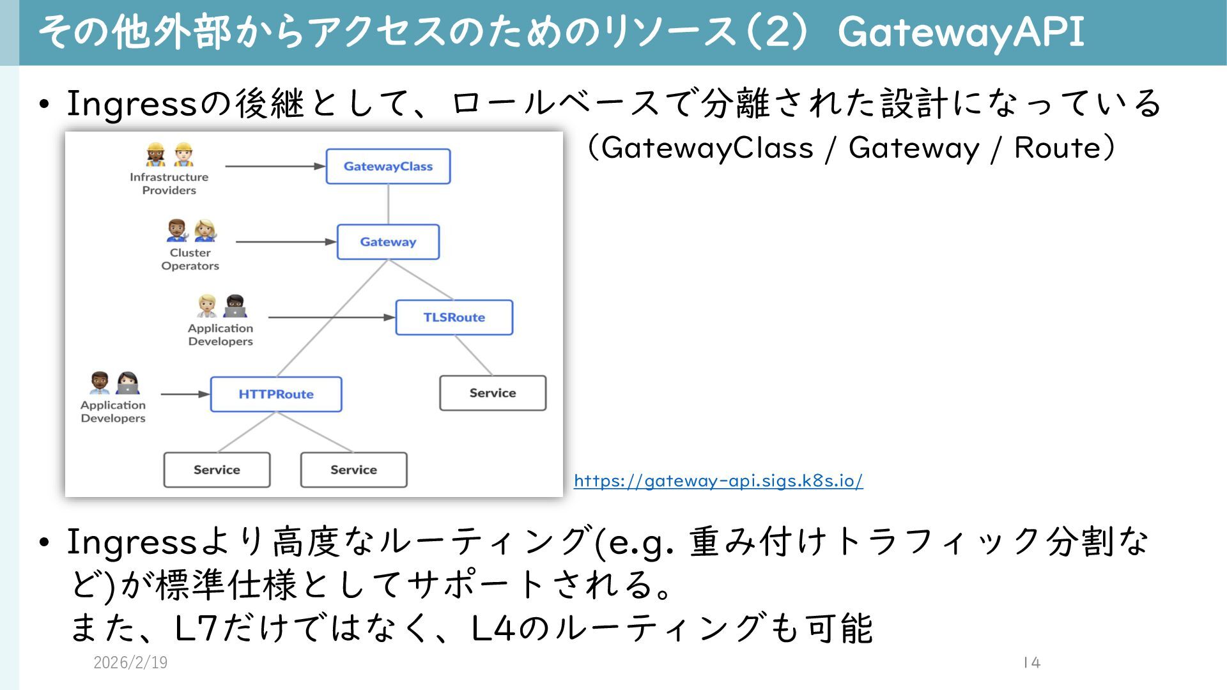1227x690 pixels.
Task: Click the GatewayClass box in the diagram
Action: click(x=388, y=167)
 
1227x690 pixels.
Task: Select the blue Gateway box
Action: click(x=388, y=242)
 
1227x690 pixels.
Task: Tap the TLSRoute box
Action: click(x=454, y=318)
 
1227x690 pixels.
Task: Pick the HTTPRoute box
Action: click(x=276, y=394)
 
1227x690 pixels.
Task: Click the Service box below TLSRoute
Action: click(x=493, y=393)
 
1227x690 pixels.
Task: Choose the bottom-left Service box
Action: click(x=217, y=470)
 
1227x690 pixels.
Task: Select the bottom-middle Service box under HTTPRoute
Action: click(x=353, y=470)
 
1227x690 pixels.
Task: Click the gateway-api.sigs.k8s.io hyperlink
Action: click(x=718, y=480)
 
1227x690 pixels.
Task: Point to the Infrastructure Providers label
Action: click(x=169, y=183)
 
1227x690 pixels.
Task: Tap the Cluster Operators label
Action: click(x=190, y=259)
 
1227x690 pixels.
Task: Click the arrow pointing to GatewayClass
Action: click(x=275, y=166)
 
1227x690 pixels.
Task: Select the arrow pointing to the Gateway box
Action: click(x=286, y=242)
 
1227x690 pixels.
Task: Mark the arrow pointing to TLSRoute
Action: click(x=331, y=317)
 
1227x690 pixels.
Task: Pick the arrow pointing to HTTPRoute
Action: click(x=185, y=394)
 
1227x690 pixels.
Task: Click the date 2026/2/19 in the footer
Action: click(x=130, y=663)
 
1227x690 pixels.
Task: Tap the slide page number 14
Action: click(x=1031, y=663)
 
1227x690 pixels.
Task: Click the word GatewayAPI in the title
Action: click(x=961, y=31)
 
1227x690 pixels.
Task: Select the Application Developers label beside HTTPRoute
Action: click(x=113, y=411)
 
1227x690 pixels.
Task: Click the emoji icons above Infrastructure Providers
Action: click(x=169, y=154)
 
